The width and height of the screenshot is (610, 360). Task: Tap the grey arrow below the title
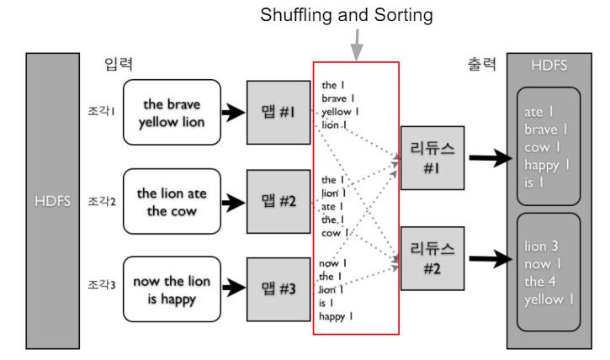[357, 45]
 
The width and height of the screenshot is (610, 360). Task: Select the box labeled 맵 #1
[278, 112]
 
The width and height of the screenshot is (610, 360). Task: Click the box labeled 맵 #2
[278, 200]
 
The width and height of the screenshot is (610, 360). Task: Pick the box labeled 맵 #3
[278, 289]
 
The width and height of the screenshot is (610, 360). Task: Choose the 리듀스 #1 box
[432, 157]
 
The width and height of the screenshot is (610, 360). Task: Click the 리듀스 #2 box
[432, 257]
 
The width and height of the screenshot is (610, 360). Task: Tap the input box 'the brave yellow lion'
[172, 113]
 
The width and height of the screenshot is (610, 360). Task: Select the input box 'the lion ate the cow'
[172, 202]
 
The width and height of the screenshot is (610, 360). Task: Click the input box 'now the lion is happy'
[172, 290]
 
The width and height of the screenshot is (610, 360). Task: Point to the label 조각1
[101, 111]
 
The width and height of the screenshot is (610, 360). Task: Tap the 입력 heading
[119, 64]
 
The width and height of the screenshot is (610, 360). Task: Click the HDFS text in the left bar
[51, 201]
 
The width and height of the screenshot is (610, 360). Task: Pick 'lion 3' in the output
[542, 246]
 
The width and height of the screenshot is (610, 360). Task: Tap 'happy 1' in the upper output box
[547, 165]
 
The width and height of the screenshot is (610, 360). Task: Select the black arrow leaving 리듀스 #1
[491, 157]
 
